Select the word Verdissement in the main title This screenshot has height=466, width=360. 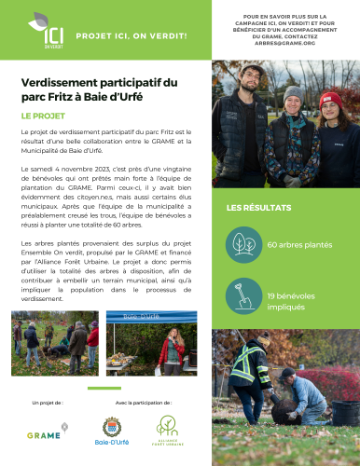(x=55, y=83)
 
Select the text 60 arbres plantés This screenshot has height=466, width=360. (x=299, y=244)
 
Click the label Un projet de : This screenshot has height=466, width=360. (x=48, y=402)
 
